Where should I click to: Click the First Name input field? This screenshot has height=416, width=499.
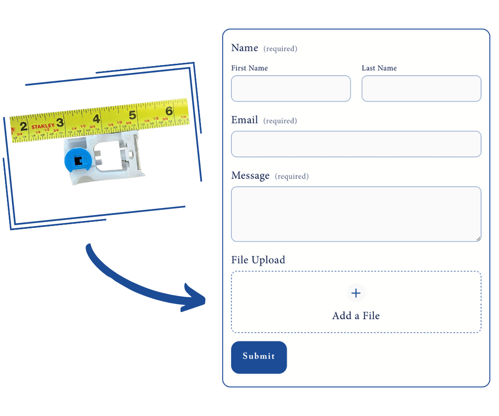coord(291,88)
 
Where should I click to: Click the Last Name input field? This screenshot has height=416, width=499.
coord(421,88)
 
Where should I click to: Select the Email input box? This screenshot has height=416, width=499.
coord(356,144)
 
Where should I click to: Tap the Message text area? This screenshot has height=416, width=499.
coord(356,214)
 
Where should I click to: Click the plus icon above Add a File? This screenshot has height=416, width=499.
coord(356,293)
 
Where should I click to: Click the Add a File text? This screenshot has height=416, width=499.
coord(356,316)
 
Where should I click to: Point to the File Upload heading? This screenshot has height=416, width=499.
coord(258,260)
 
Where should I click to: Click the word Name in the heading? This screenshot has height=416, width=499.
coord(244,48)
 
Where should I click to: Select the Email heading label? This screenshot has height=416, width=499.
coord(244,120)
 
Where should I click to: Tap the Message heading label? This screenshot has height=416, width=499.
coord(250,176)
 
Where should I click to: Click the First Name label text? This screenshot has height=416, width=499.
coord(249,68)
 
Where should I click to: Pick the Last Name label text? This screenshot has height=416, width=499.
coord(379,68)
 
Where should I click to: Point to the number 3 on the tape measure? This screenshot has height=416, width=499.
coord(60,122)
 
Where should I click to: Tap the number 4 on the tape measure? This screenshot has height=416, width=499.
coord(96,119)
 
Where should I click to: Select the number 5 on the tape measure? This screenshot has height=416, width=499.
coord(132,115)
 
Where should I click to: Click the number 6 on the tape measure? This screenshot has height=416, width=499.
coord(169,111)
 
